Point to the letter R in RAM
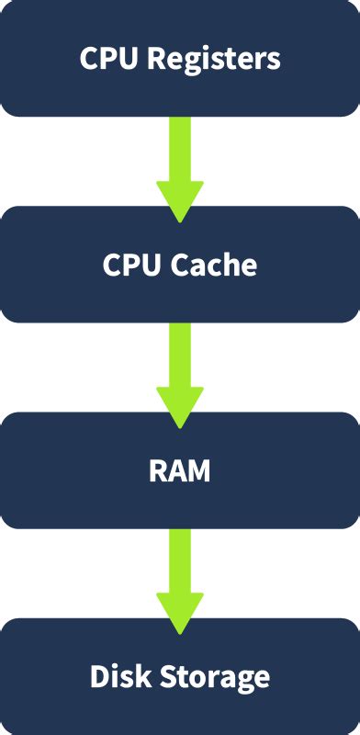(157, 471)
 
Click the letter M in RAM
(199, 471)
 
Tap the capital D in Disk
(98, 678)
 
